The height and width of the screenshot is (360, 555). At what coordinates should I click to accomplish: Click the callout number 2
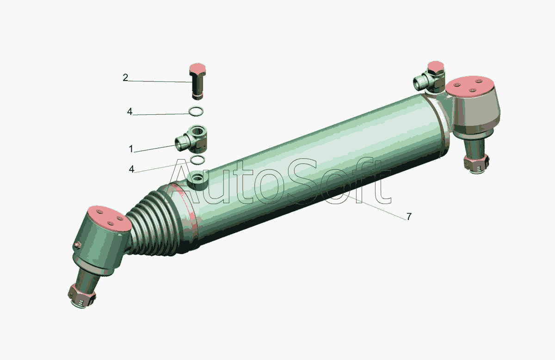pyautogui.click(x=125, y=78)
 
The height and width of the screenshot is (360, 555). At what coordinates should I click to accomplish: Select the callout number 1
pyautogui.click(x=131, y=149)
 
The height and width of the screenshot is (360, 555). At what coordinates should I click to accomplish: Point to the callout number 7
pyautogui.click(x=409, y=217)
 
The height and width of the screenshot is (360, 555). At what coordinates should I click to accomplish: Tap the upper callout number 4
pyautogui.click(x=129, y=112)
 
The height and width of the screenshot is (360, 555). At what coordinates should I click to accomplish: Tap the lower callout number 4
pyautogui.click(x=131, y=169)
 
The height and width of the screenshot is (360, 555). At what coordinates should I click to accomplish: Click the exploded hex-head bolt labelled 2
pyautogui.click(x=197, y=81)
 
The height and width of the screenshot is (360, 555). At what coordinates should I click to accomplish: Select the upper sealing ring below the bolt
pyautogui.click(x=196, y=112)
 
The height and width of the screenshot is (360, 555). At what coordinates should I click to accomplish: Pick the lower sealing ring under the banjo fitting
pyautogui.click(x=198, y=160)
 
